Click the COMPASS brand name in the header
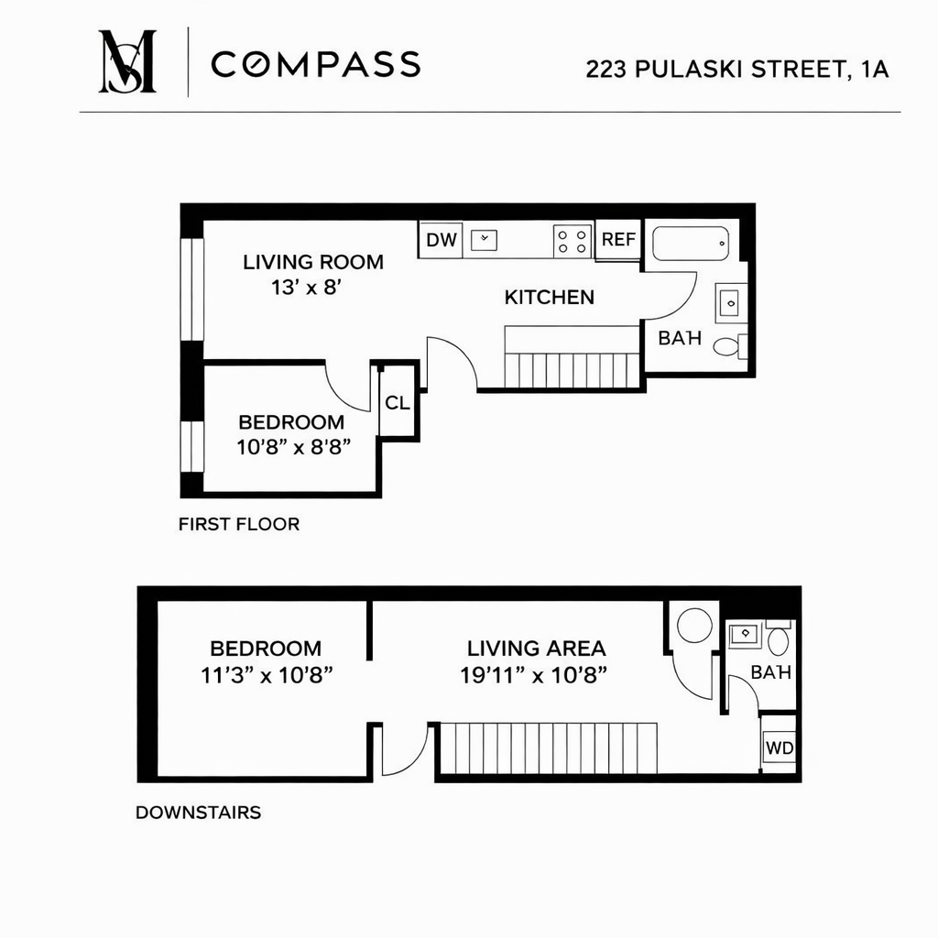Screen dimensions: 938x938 [x=315, y=64]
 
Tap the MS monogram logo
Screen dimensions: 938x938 [x=127, y=61]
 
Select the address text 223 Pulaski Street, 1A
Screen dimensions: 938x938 [x=737, y=70]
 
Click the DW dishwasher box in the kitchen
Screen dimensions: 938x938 [x=442, y=240]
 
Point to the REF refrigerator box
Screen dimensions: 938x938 [x=618, y=240]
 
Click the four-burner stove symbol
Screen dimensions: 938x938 [x=573, y=241]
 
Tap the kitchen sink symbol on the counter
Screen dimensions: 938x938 [x=485, y=240]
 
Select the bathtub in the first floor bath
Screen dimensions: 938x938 [x=691, y=243]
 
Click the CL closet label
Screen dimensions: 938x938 [x=398, y=402]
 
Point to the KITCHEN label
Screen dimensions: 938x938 [x=549, y=297]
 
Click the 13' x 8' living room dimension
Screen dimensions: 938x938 [x=306, y=287]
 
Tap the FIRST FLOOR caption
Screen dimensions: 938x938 [x=239, y=525]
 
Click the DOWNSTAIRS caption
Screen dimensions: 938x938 [x=198, y=813]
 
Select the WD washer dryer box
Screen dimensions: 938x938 [x=780, y=747]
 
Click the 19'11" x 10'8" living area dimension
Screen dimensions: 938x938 [x=536, y=675]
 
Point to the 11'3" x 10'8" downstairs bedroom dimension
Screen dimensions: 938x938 [x=266, y=675]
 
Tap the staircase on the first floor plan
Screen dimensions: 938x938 [x=571, y=369]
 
